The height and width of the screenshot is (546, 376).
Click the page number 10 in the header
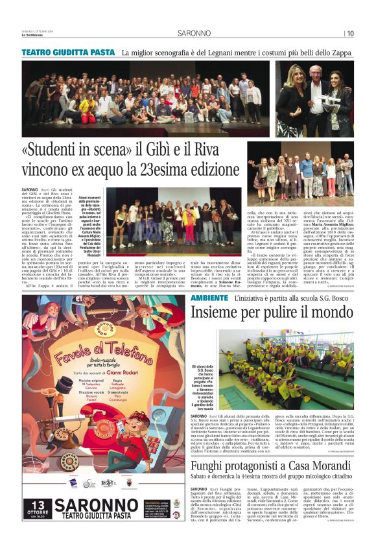point(350,34)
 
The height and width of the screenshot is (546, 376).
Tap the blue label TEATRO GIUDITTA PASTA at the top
point(68,52)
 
